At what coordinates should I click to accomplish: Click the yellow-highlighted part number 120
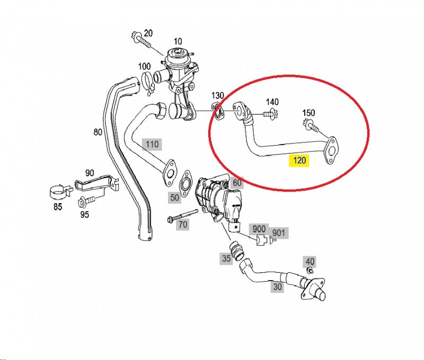point(299,160)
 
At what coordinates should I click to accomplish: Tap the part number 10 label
point(178,41)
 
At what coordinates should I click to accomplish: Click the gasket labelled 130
point(218,111)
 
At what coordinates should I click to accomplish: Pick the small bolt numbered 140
point(271,114)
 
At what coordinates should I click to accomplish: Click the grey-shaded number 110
point(152,144)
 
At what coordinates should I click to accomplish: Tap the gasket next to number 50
point(185,183)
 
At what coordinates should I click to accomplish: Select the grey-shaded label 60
point(237,183)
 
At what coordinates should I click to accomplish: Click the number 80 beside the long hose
point(98,132)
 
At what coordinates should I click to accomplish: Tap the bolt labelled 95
point(86,202)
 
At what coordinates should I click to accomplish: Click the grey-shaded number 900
point(259,229)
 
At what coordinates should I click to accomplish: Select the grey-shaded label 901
point(278,232)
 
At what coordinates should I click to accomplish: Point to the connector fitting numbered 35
point(236,250)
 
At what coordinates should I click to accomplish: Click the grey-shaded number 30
point(277,286)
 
